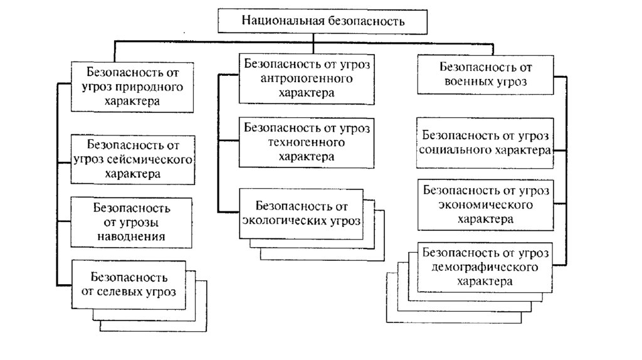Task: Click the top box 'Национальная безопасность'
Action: (324, 21)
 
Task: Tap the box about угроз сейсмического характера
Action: (132, 159)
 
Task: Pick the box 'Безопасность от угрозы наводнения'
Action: (132, 221)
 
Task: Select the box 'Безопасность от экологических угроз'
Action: (302, 213)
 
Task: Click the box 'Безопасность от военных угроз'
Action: (487, 73)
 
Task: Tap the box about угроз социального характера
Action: (487, 142)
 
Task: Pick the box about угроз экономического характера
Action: (487, 204)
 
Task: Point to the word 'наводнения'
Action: (132, 236)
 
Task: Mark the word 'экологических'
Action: (282, 221)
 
